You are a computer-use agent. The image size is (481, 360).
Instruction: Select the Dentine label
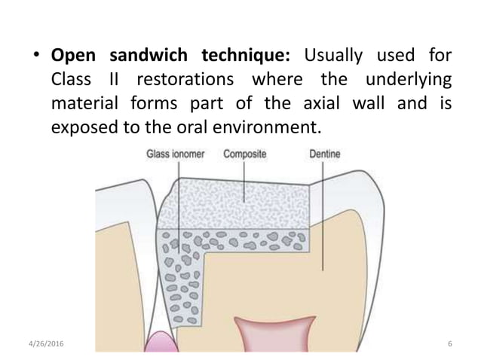326,156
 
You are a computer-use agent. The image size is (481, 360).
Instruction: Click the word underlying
406,79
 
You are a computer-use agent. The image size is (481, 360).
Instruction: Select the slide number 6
449,344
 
